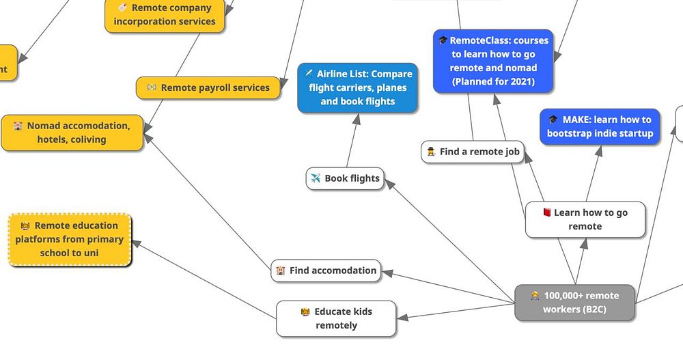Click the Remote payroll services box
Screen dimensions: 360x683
click(208, 87)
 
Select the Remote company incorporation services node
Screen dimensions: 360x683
click(165, 15)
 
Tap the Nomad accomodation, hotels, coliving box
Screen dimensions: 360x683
click(72, 133)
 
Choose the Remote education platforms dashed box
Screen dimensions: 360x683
click(70, 239)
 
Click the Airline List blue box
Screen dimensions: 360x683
click(357, 87)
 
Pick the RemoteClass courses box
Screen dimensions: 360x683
click(493, 61)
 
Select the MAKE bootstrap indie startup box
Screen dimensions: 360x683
click(600, 126)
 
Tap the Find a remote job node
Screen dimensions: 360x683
click(473, 152)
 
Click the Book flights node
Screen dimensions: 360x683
click(344, 178)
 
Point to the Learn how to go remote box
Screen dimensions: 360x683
click(585, 219)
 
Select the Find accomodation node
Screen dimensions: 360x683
click(326, 271)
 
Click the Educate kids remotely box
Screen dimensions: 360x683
click(336, 318)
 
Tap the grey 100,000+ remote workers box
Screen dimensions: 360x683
click(574, 303)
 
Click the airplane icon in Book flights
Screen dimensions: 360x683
click(316, 178)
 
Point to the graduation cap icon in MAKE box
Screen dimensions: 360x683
click(553, 120)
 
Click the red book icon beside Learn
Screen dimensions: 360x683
click(546, 212)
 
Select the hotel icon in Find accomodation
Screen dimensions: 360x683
click(281, 271)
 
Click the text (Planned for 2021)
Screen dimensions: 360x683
click(493, 82)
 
